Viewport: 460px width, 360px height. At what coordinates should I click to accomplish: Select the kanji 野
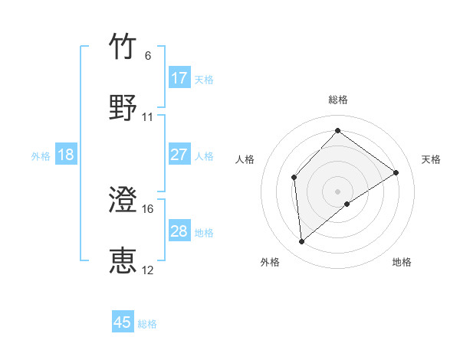[123, 108]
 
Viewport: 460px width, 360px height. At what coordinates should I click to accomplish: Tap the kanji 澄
[123, 200]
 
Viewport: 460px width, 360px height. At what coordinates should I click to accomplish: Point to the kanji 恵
[123, 260]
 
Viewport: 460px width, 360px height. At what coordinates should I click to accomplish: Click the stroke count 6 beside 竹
[148, 56]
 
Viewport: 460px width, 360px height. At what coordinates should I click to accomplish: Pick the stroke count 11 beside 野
[148, 117]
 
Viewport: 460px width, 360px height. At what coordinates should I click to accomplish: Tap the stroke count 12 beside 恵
[148, 270]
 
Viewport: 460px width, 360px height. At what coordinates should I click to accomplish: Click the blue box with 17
[179, 78]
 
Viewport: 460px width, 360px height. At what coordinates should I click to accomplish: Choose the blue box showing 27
[179, 155]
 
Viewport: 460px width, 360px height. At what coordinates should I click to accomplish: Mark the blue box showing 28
[179, 231]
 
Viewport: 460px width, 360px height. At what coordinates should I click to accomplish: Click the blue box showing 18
[66, 155]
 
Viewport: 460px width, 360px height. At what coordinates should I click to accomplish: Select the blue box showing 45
[123, 322]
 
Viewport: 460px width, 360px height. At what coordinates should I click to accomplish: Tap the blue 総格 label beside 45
[147, 324]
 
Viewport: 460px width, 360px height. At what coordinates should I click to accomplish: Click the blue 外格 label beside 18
[41, 156]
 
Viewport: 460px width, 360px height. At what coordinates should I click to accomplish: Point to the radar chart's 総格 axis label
[337, 100]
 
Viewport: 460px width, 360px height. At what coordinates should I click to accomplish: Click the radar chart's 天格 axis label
[431, 159]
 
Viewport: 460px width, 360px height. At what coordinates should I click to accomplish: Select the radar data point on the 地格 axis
[347, 204]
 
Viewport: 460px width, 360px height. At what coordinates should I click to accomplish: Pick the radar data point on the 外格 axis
[302, 241]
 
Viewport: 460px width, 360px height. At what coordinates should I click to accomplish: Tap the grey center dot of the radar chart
[337, 191]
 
